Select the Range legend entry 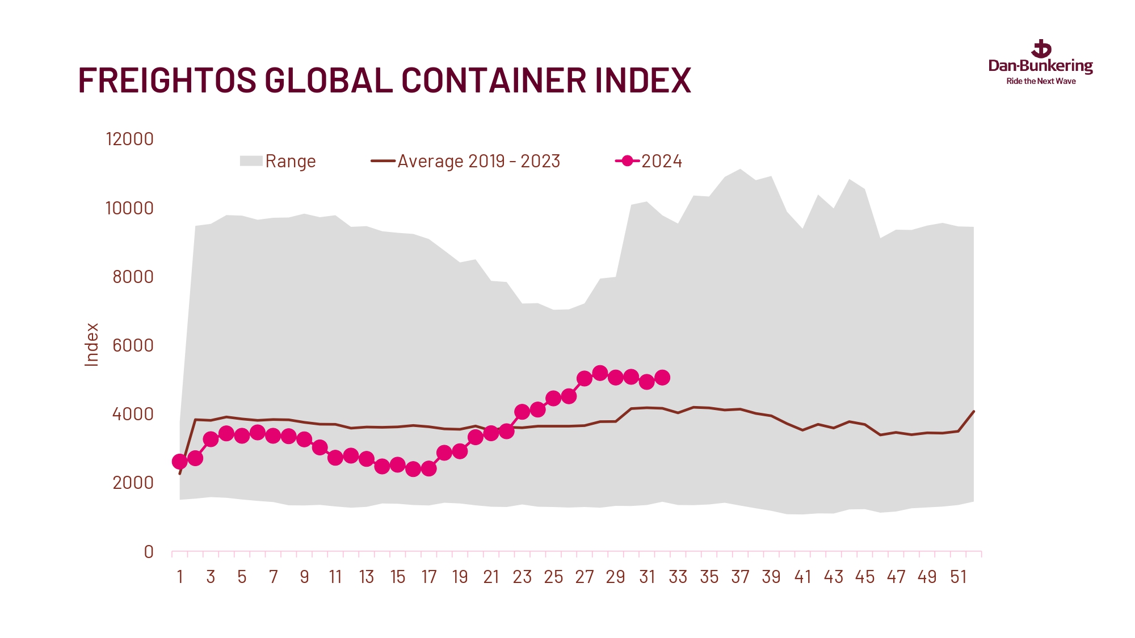coord(278,161)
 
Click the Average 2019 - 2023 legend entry coord(465,161)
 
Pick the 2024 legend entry coord(649,161)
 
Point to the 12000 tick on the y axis coord(129,139)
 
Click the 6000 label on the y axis coord(133,345)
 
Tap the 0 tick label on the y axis coord(149,552)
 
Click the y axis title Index coord(91,345)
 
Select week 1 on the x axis coord(180,577)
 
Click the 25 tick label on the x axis coord(553,577)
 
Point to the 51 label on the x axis coord(958,577)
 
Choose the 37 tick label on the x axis coord(740,577)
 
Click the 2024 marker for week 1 coord(179,462)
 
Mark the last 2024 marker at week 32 coord(662,378)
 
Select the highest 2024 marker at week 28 coord(600,373)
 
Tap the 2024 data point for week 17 coord(429,469)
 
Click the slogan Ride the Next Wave coord(1041,82)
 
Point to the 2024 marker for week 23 coord(522,412)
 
